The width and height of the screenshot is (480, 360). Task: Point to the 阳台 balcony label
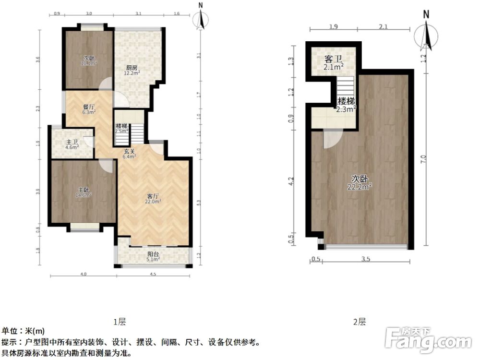(153, 255)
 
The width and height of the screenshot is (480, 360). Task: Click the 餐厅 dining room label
(88, 107)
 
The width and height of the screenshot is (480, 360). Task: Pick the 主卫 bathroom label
(72, 142)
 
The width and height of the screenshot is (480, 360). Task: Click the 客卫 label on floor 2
(334, 59)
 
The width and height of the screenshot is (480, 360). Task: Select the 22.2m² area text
(360, 187)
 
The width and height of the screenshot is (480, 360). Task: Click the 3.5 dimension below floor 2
(366, 260)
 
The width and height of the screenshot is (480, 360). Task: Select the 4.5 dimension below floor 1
(153, 275)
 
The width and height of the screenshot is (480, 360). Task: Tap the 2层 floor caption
(359, 321)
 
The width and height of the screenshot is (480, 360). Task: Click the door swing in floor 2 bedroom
(331, 139)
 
